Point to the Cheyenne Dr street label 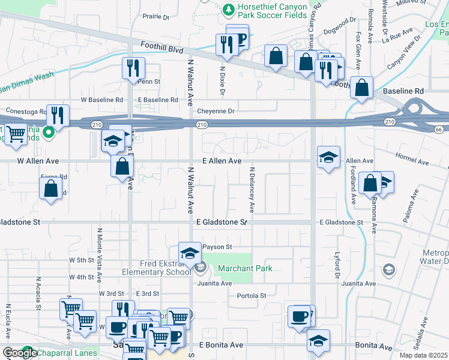(x=215, y=111)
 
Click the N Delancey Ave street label (x=253, y=190)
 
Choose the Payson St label (x=217, y=247)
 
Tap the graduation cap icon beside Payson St (x=190, y=253)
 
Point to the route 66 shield (x=439, y=129)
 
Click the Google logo (x=20, y=353)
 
